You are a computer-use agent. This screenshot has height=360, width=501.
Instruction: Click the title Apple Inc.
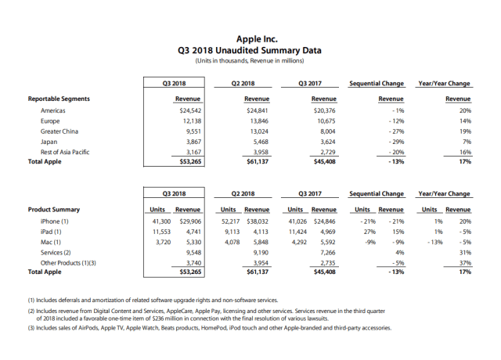click(250, 38)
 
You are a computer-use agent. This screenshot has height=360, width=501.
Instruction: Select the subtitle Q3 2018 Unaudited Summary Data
click(250, 49)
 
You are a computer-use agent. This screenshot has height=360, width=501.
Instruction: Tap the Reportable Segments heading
click(59, 99)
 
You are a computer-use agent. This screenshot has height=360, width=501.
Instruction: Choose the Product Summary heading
click(54, 210)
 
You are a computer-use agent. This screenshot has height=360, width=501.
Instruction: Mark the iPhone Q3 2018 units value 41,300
click(160, 221)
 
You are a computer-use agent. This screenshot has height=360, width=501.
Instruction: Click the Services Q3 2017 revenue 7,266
click(326, 253)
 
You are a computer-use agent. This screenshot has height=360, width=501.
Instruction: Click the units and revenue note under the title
click(250, 60)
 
